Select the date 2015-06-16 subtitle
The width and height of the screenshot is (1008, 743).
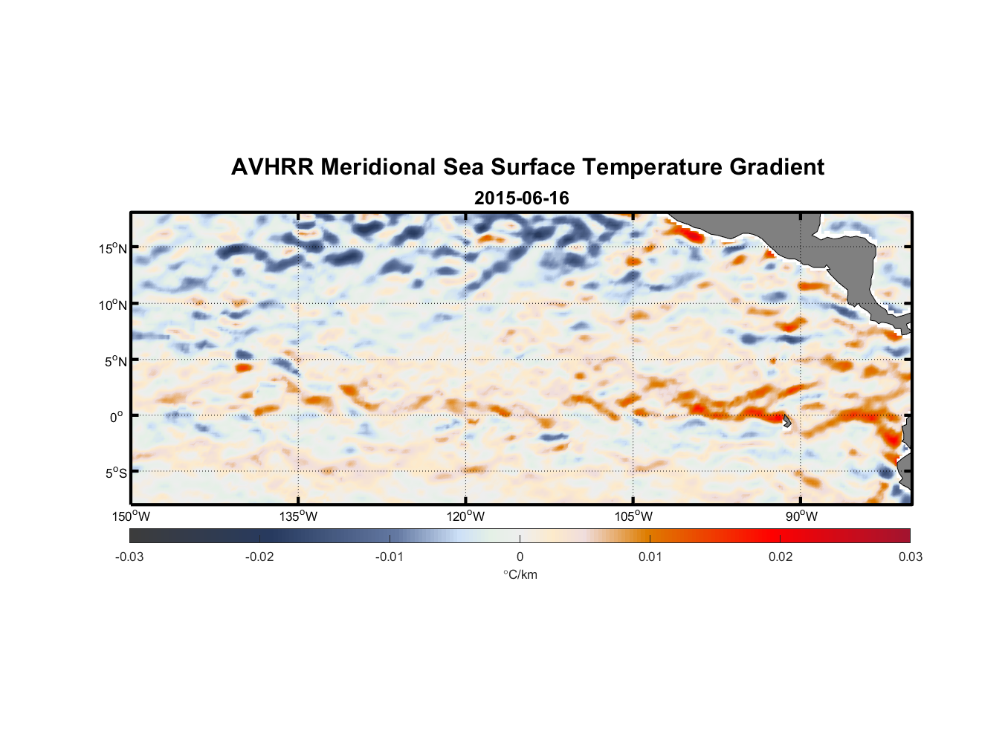(x=521, y=198)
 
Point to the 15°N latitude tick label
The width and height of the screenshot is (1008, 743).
(x=113, y=248)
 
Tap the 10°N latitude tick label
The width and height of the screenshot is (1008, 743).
(x=113, y=305)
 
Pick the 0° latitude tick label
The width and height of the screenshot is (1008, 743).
(x=117, y=417)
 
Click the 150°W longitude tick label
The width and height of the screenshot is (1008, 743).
(x=131, y=516)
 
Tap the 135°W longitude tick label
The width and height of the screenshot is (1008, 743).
(x=298, y=516)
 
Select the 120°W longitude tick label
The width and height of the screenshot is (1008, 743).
(x=465, y=516)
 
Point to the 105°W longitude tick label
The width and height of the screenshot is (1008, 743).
(x=633, y=516)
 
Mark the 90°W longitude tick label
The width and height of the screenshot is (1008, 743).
(x=801, y=516)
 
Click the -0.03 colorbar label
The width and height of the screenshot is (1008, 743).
(x=129, y=557)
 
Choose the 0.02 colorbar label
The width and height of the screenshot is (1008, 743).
(x=780, y=557)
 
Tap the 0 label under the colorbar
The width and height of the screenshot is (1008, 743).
(x=520, y=557)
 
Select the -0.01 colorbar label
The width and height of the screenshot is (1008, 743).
(x=390, y=557)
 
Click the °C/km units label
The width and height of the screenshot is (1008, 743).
(x=520, y=574)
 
